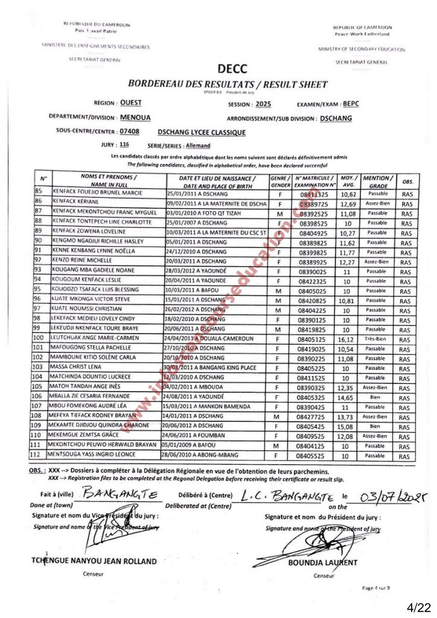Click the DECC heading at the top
[228, 70]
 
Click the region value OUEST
[131, 103]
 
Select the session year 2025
[263, 104]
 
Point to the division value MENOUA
[135, 118]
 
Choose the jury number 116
[124, 145]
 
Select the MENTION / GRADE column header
[378, 181]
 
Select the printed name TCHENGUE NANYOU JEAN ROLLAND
[94, 561]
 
